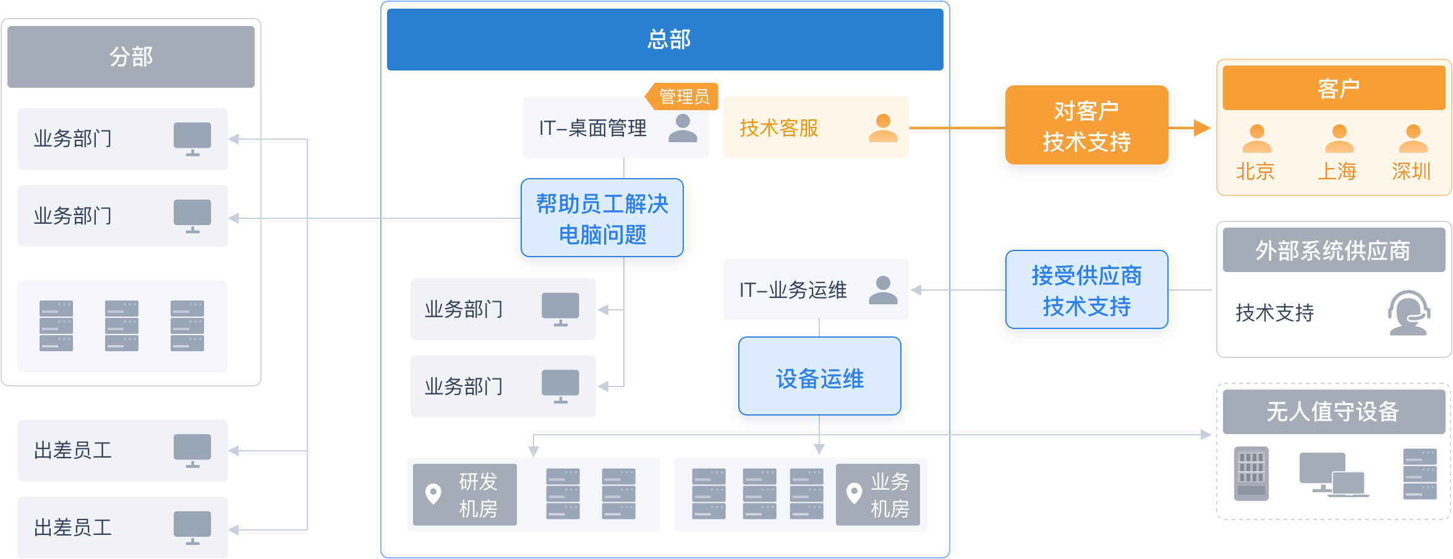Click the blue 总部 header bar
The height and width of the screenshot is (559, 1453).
point(665,40)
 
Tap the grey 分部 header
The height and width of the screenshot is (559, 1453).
point(131,57)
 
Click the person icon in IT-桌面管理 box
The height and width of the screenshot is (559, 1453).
point(683,128)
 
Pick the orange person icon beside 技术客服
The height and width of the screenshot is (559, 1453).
point(883,128)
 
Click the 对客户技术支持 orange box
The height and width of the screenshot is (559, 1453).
point(1086,126)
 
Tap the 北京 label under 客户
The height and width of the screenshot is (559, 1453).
point(1255,171)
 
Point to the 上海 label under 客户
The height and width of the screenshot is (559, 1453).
point(1337,171)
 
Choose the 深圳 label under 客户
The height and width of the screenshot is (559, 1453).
point(1412,171)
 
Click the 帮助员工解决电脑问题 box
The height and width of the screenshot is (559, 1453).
point(602,219)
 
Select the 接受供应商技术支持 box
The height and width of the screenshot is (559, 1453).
point(1086,291)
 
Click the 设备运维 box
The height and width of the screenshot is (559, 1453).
point(820,378)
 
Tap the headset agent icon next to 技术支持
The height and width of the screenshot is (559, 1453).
point(1408,313)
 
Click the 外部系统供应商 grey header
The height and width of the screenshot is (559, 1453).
point(1334,250)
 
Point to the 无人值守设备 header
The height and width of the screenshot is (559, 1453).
point(1334,411)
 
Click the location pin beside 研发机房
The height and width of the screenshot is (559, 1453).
point(433,493)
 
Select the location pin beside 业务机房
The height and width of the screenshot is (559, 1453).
point(854,493)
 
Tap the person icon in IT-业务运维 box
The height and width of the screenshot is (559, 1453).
point(883,290)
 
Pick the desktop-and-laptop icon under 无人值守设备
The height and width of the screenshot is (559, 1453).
point(1334,475)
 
